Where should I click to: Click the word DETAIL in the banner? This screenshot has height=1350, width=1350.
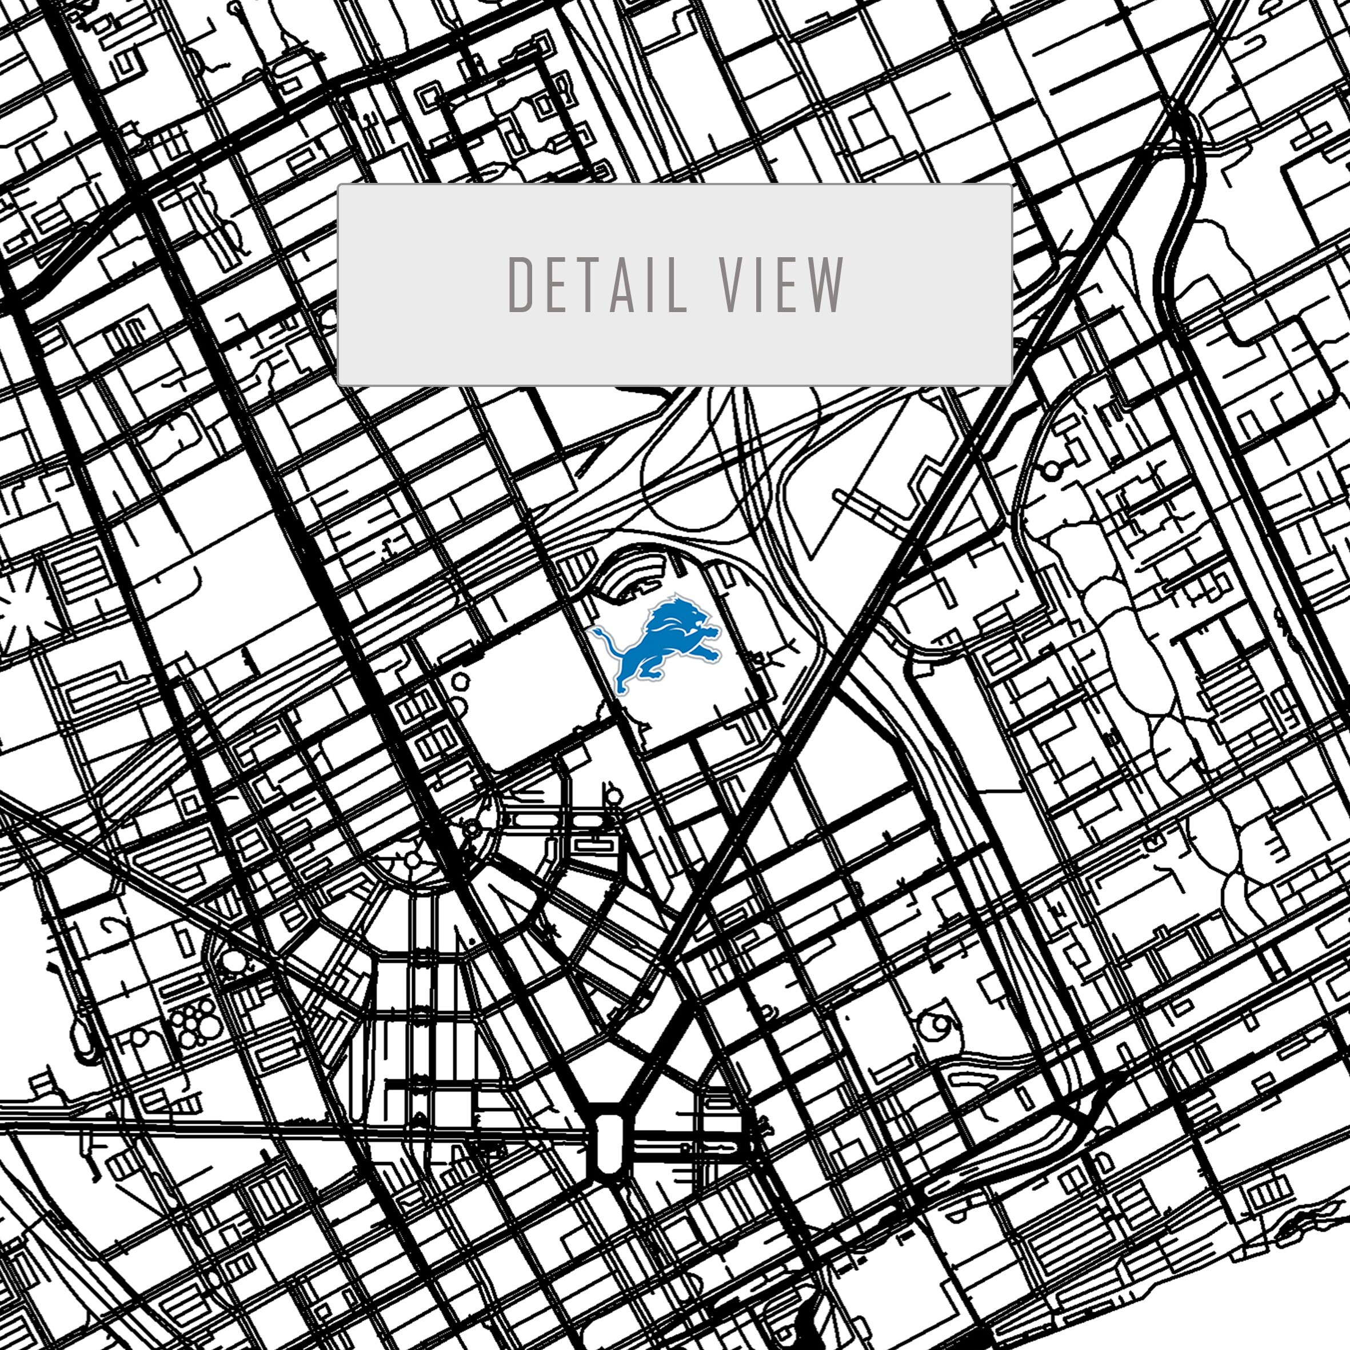click(x=597, y=285)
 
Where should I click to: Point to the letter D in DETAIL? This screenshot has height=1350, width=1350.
click(x=519, y=285)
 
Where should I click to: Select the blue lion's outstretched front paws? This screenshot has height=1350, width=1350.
click(x=712, y=632)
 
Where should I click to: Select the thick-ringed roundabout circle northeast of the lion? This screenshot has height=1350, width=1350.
click(x=1052, y=470)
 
